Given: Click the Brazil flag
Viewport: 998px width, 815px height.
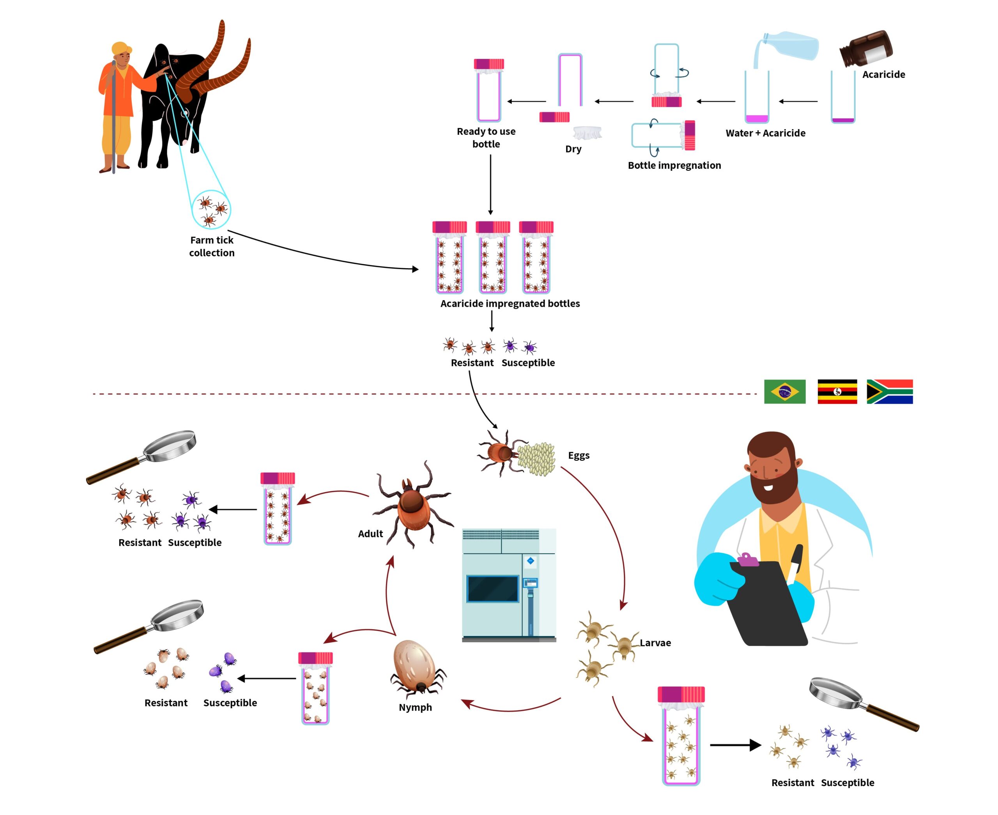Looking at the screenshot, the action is coord(784,392).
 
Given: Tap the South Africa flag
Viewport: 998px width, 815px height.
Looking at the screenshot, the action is coord(890,392).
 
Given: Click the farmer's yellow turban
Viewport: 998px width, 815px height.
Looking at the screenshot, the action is coord(121,48).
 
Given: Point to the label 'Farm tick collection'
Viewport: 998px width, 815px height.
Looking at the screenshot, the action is coord(212,246).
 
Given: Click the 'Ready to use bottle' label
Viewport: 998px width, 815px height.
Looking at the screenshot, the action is coord(486,138).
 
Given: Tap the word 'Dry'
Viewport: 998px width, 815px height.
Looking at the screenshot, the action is coord(573,149).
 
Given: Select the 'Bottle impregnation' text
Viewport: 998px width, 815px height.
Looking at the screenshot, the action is coord(674,165).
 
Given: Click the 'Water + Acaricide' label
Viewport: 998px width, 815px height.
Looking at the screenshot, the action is coord(766,133).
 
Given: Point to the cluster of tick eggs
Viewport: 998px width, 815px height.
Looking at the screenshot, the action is coord(536,459).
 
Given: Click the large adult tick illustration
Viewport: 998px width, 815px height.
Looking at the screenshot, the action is coord(413,505).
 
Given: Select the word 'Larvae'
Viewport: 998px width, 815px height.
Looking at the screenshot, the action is coord(655,643).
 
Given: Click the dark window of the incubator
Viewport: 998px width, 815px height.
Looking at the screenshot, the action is coord(492,589).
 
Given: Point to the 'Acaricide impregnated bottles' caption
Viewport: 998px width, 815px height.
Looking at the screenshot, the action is coord(510,303).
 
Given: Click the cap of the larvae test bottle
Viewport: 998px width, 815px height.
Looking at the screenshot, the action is coord(681,694).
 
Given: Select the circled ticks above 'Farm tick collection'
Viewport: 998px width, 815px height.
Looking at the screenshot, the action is coord(211,209).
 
